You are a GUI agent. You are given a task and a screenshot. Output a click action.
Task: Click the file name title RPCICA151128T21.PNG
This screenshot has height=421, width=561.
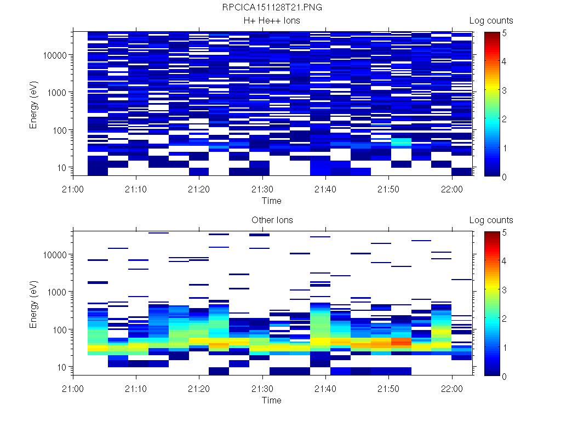[x=272, y=8]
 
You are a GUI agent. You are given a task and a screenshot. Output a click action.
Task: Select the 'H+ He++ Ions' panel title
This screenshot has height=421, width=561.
[x=272, y=21]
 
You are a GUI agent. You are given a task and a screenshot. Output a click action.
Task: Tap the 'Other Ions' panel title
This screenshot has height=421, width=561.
[x=272, y=220]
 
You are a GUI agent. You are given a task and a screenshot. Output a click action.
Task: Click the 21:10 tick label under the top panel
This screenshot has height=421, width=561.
[x=136, y=189]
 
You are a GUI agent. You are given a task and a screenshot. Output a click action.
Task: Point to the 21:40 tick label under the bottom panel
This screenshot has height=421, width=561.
[x=326, y=388]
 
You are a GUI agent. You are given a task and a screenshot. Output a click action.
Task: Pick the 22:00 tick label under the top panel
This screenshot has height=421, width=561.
[x=451, y=189]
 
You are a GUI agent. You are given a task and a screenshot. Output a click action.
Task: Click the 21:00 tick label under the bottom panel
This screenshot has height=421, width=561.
[x=73, y=388]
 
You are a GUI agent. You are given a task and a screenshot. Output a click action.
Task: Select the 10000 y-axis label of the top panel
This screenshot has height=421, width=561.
[x=56, y=55]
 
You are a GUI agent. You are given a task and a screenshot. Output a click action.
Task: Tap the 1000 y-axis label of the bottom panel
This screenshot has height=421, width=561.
[x=58, y=292]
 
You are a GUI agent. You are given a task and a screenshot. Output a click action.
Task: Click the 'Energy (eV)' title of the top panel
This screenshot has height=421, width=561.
[x=34, y=104]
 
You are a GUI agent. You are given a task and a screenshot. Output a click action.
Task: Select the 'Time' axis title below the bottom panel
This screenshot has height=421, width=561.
[x=271, y=400]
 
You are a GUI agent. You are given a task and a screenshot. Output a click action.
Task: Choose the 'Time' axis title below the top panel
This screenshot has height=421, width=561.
[x=271, y=201]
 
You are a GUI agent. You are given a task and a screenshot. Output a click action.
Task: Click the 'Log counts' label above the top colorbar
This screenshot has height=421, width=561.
[x=491, y=21]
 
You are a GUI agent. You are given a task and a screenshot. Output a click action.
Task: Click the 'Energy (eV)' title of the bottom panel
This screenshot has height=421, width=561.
[x=34, y=303]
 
